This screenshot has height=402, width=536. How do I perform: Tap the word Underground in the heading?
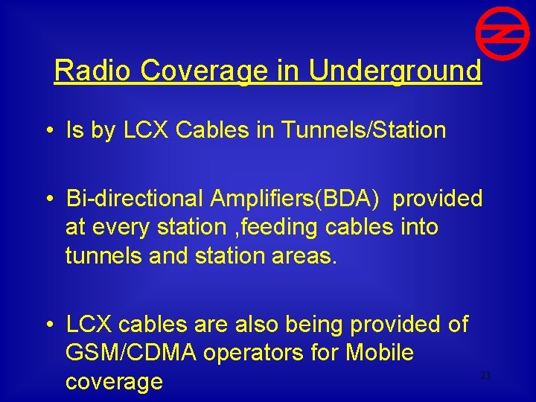click(395, 71)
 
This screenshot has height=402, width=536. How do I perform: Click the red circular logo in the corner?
click(497, 35)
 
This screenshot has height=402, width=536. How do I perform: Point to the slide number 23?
click(485, 376)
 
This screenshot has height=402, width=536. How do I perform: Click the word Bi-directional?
click(135, 199)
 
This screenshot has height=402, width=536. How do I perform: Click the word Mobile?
click(376, 352)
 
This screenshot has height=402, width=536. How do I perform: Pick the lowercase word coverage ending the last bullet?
click(114, 381)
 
